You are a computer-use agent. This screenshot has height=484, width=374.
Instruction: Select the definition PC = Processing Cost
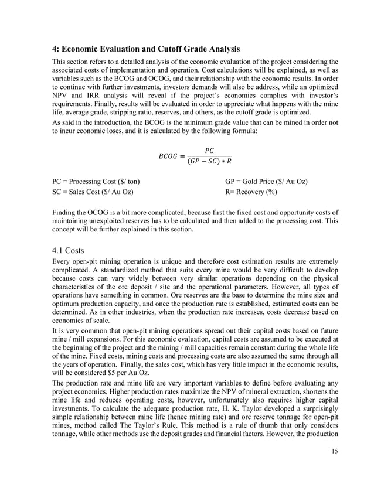[x=96, y=182]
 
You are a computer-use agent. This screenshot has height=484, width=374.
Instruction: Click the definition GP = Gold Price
[x=266, y=182]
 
